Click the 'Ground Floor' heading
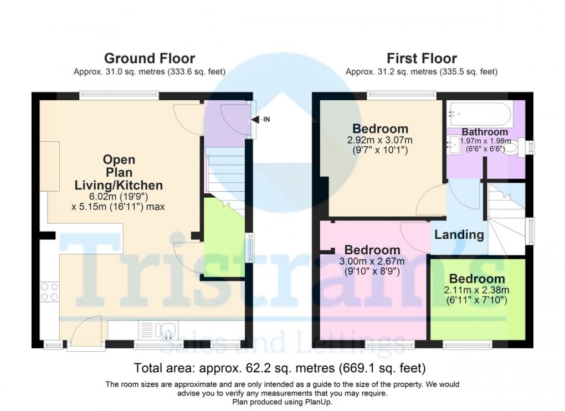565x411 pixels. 150,58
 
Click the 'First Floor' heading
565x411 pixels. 422,58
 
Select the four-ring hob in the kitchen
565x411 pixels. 50,292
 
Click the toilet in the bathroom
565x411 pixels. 512,147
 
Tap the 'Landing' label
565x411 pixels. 459,234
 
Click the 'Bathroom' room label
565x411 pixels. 485,132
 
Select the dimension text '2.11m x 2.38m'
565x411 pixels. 477,290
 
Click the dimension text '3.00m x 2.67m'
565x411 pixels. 372,261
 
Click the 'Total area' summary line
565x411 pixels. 280,368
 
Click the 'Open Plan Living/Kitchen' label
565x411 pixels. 119,172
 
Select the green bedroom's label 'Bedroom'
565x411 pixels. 477,279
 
